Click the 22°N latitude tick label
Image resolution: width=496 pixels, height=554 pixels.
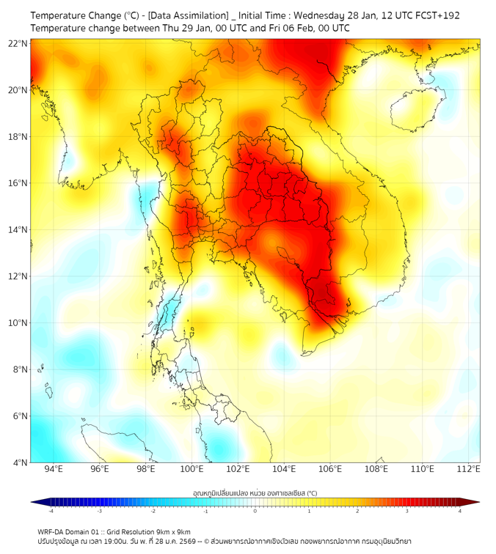(18, 43)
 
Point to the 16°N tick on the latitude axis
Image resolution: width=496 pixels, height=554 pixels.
(18, 183)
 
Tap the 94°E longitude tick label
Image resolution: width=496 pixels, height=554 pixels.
(54, 469)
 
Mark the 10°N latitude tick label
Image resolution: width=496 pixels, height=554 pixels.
(18, 323)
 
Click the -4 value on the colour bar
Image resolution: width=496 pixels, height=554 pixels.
(50, 511)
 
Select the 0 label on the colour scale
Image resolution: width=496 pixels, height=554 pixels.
(255, 511)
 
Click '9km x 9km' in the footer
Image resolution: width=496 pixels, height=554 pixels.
(171, 531)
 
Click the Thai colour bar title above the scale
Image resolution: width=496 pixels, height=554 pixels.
(255, 492)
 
